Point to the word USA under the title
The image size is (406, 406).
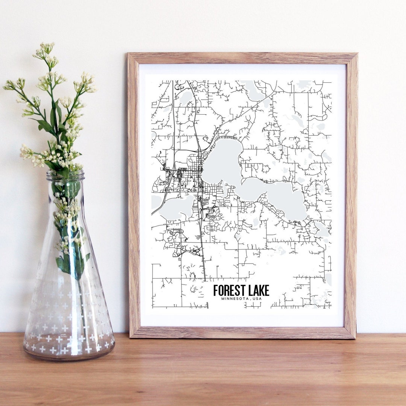pos(258,299)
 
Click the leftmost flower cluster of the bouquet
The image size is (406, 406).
pos(11,85)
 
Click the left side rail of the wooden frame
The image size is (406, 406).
pos(133,195)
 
